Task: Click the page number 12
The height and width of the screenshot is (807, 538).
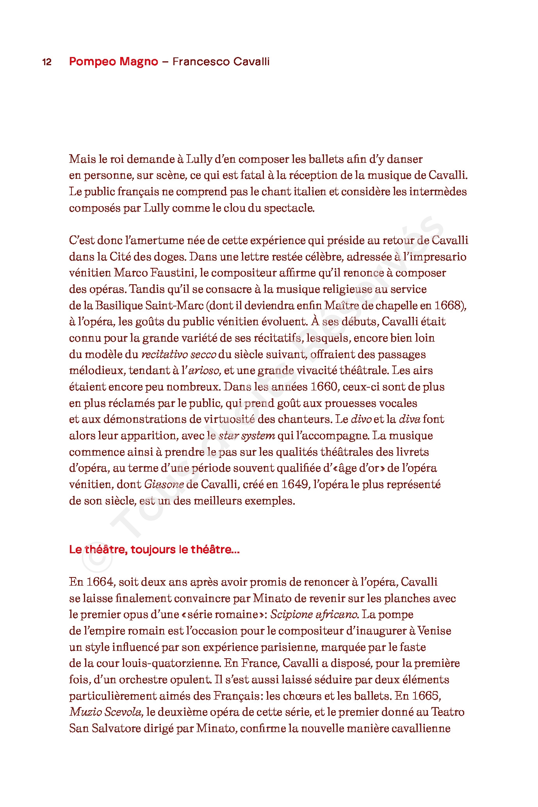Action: click(x=47, y=62)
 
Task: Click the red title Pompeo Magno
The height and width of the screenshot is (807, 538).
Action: click(x=114, y=62)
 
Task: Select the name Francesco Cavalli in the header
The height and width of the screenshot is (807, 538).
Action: click(x=221, y=62)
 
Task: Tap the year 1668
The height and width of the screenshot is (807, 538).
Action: click(x=447, y=305)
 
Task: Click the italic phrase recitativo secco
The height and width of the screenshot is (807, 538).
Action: click(x=178, y=355)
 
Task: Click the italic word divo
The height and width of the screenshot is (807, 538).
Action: click(x=361, y=419)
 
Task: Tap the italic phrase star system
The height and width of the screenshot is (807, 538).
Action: click(x=247, y=436)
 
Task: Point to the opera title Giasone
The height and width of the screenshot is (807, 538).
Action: click(x=164, y=485)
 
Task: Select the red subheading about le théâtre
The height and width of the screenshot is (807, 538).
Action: click(x=154, y=550)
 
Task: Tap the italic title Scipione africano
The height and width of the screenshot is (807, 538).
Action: click(x=314, y=615)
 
